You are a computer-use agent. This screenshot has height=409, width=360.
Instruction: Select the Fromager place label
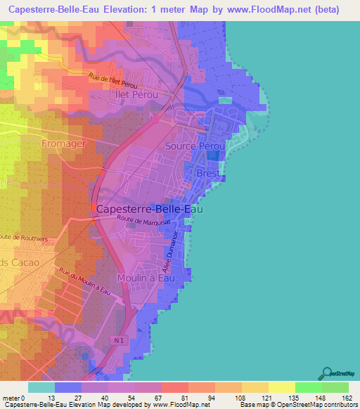65,143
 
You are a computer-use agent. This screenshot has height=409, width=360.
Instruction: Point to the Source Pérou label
195,146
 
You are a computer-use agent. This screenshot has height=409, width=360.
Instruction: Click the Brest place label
208,173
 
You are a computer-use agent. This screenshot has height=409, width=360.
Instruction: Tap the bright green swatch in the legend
308,387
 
